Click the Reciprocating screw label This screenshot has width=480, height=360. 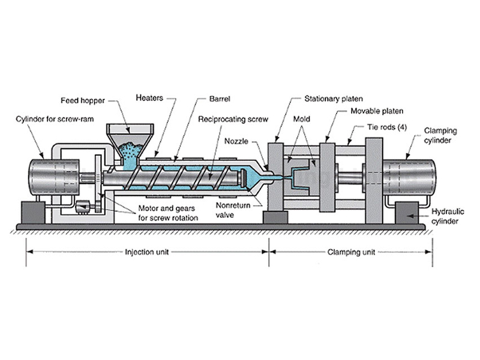coord(229,119)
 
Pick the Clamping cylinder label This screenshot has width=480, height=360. coord(441,134)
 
